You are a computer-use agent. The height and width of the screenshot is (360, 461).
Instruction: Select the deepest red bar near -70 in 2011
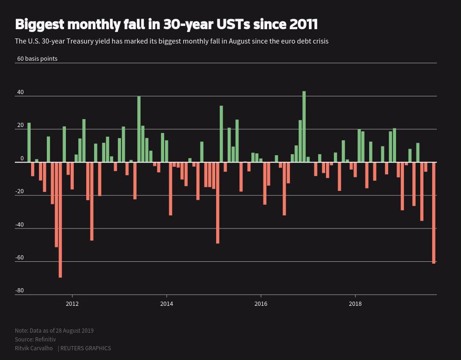(60, 220)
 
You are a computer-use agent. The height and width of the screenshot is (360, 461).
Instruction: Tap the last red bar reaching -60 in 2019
(434, 213)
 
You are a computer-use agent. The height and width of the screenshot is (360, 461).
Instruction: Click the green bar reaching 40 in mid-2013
(139, 129)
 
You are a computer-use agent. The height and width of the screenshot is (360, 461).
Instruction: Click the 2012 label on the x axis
(72, 304)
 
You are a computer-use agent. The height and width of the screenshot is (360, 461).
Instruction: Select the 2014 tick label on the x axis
(166, 304)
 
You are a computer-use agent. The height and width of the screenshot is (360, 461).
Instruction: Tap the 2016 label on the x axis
(261, 304)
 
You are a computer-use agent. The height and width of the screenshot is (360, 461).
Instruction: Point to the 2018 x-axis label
(355, 304)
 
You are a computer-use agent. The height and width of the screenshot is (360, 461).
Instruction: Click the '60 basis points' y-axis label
(37, 59)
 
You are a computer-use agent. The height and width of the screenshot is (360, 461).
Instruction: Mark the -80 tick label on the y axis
(19, 291)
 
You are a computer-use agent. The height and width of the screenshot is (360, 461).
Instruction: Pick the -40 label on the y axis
(19, 225)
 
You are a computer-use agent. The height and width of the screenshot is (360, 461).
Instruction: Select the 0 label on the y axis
(22, 158)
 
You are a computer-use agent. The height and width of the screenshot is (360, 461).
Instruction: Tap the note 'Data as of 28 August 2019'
(54, 330)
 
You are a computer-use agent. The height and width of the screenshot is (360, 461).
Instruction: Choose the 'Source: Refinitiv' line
(35, 339)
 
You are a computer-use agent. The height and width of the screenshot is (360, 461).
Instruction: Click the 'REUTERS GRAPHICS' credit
(85, 348)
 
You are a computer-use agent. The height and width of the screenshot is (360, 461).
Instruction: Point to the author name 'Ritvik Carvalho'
(34, 348)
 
